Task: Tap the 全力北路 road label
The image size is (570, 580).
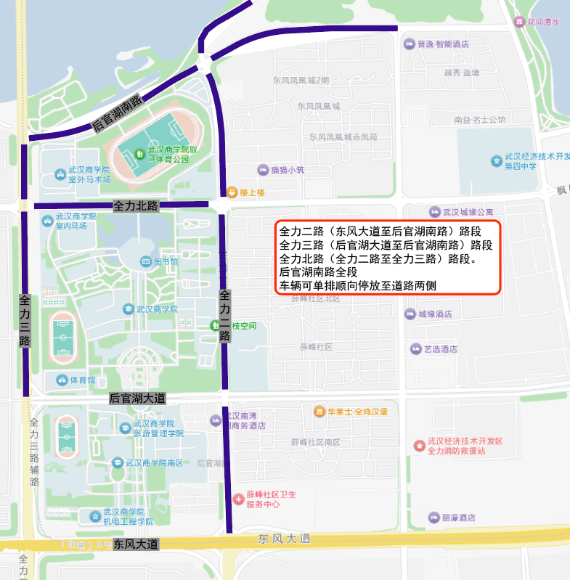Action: tap(136, 206)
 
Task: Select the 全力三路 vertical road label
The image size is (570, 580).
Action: tap(25, 320)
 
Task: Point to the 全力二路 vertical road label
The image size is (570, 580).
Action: tap(224, 316)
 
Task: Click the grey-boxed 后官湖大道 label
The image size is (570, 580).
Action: tap(137, 398)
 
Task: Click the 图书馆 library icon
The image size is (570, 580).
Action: tap(145, 261)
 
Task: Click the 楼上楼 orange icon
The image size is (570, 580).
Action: tap(232, 192)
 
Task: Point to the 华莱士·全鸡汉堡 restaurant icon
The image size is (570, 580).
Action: tap(319, 412)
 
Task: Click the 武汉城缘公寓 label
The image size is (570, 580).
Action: tap(468, 212)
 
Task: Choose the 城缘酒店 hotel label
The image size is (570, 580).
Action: tap(435, 314)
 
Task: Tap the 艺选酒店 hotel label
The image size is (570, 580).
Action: tap(441, 349)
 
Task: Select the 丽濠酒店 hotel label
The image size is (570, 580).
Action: tap(458, 518)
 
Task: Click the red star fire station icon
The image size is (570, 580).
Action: tap(419, 445)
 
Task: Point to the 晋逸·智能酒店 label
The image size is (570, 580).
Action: tap(443, 44)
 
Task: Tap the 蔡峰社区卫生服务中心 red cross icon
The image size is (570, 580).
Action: tap(238, 499)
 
